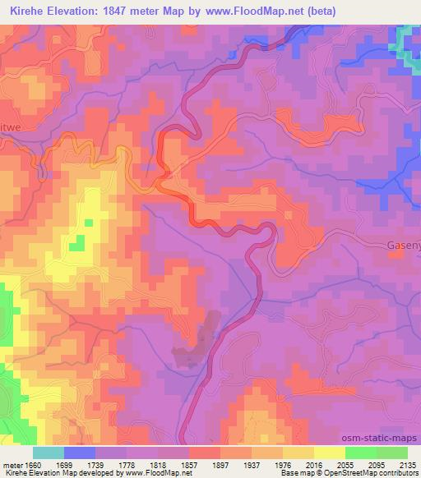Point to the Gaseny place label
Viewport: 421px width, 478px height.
tap(403, 245)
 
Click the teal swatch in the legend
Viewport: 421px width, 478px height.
tap(49, 453)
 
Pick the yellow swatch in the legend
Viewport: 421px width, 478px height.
tap(329, 453)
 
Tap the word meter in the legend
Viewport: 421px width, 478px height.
tap(14, 464)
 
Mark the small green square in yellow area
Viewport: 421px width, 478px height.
tap(76, 243)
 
